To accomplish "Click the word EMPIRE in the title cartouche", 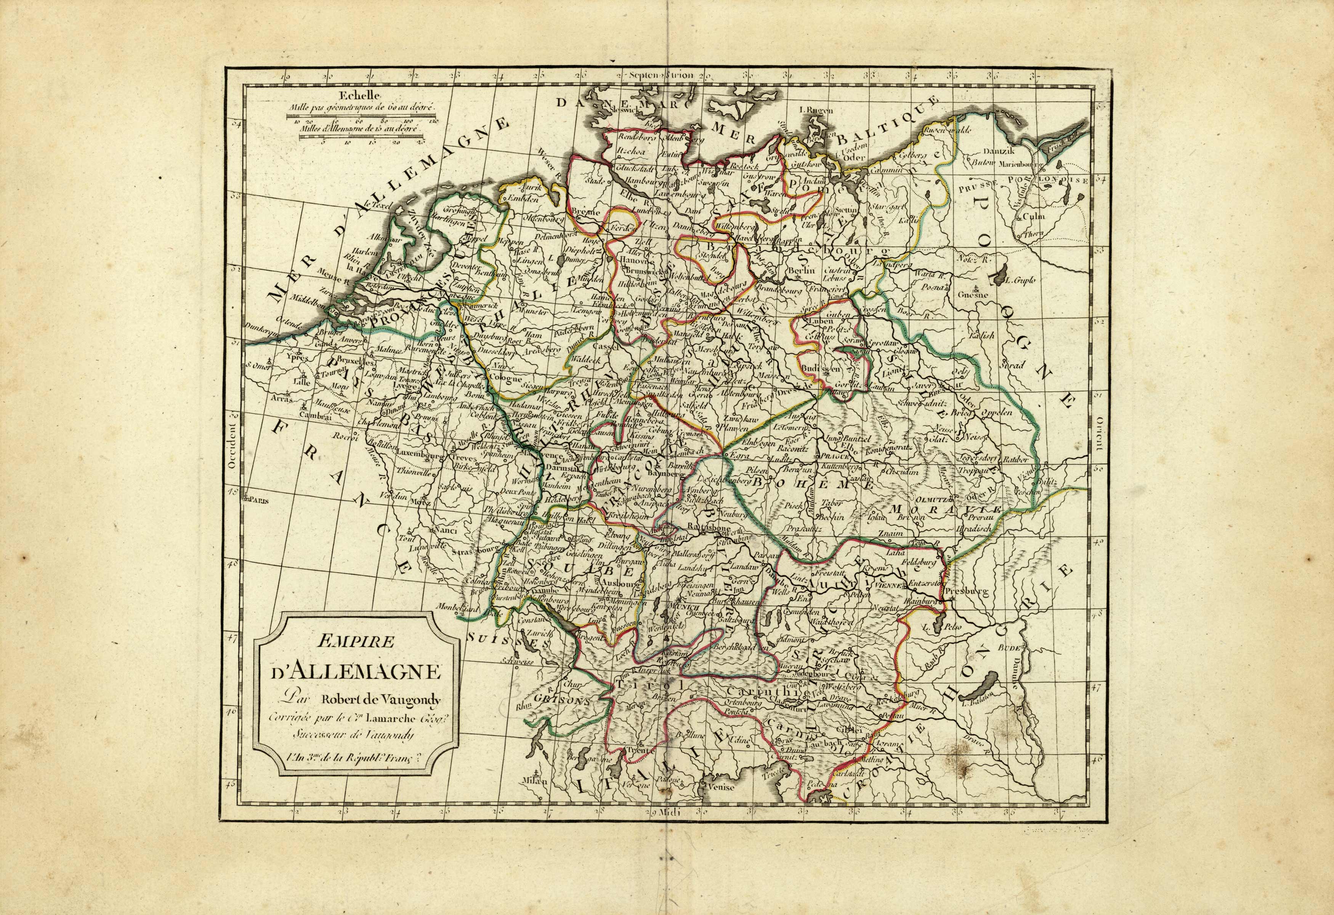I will [355, 642].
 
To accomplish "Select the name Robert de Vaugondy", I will [380, 700].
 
